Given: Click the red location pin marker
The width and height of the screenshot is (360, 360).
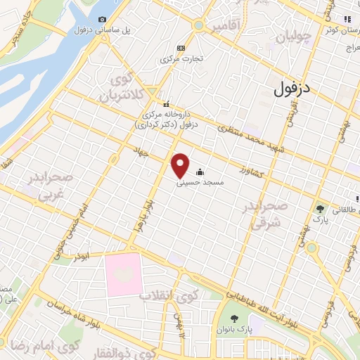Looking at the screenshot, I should [181, 165].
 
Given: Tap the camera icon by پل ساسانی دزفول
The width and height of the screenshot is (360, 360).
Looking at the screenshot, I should [103, 19].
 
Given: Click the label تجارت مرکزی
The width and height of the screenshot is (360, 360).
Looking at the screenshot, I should [183, 58].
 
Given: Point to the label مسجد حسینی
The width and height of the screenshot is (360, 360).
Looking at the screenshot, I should [202, 181].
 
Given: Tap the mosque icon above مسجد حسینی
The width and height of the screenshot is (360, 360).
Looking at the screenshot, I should [200, 171].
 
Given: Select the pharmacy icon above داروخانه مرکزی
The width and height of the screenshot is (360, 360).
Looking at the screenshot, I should [166, 103].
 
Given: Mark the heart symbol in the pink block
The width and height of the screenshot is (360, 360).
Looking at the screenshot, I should [131, 275].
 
